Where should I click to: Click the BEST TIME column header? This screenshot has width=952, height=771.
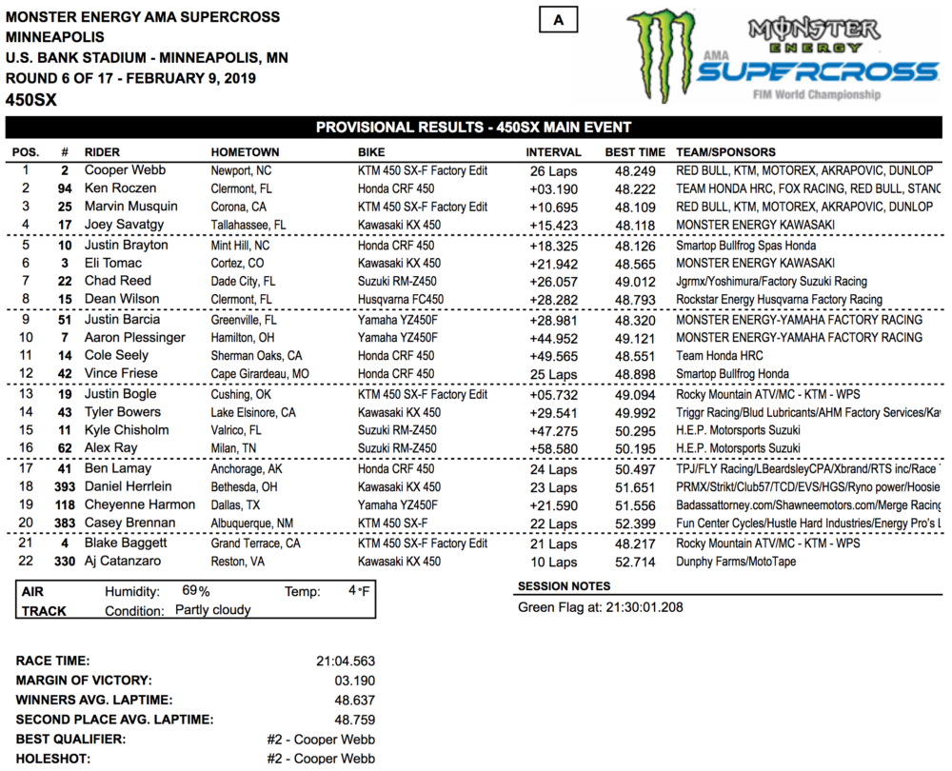pos(635,152)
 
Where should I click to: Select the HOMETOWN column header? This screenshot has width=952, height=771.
pos(245,152)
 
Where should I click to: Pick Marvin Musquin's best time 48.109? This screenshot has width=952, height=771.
pos(635,207)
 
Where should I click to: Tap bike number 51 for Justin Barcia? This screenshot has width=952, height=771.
pos(65,320)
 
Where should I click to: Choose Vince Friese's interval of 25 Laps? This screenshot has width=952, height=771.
pos(552,374)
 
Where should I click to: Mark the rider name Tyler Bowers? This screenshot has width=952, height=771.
pos(123,412)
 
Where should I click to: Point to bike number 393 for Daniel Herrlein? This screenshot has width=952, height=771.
pos(65,486)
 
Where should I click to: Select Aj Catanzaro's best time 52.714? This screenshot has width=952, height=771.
pos(635,562)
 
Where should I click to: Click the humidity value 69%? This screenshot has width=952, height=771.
pos(196,591)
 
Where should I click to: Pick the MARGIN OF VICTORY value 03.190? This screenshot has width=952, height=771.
pos(356,680)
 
